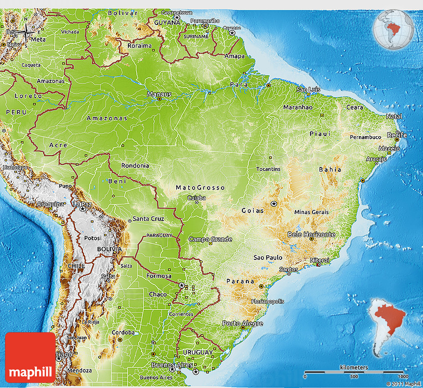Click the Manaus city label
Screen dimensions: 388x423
(159, 94)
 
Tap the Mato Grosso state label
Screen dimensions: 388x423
(200, 188)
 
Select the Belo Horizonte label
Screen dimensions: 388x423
(311, 234)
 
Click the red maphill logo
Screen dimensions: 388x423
(30, 357)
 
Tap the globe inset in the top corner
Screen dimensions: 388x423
(393, 29)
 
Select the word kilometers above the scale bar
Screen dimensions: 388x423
(354, 368)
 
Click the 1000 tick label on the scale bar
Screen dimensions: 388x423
(403, 377)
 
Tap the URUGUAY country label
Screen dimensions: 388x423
(197, 352)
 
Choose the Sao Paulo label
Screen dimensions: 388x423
(268, 257)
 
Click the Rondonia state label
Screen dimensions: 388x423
(135, 166)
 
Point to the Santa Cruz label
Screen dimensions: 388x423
(148, 219)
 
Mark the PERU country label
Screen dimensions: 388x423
(15, 113)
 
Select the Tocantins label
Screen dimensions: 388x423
(268, 169)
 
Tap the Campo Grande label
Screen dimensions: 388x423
(210, 239)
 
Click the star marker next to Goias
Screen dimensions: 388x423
(274, 204)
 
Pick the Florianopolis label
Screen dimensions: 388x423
(254, 301)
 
